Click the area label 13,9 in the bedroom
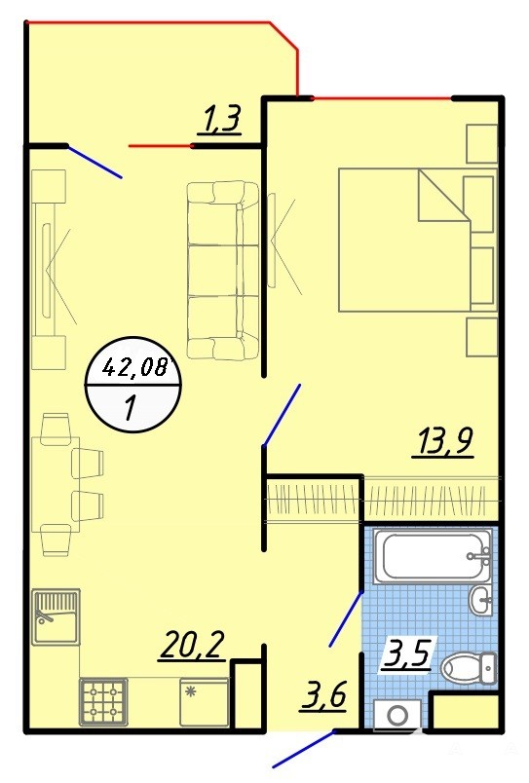(442, 441)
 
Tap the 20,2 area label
(192, 647)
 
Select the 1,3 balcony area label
(220, 121)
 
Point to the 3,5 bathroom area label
(406, 654)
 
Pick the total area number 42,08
(133, 368)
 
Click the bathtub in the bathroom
(433, 556)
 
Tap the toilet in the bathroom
(469, 667)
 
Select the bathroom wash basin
(481, 599)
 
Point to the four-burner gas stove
(103, 702)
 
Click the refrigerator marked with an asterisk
(205, 702)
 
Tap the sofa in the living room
(223, 270)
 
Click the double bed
(404, 240)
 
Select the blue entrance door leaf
(304, 749)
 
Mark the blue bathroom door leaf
(346, 618)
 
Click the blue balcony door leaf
(94, 162)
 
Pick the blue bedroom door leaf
(283, 414)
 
